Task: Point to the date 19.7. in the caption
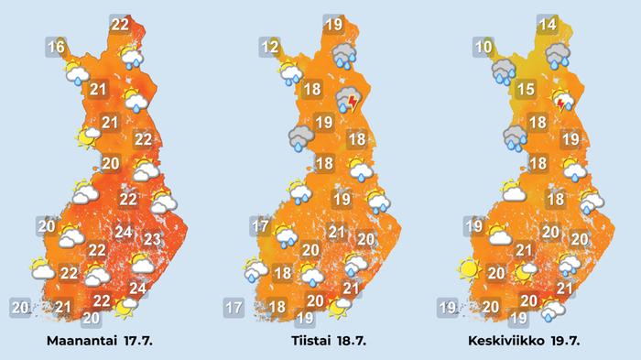pos(578,340)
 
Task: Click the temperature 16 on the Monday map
pos(57,46)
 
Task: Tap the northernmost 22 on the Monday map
pos(120,25)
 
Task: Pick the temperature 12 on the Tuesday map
pos(269,47)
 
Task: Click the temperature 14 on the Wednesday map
pos(549,25)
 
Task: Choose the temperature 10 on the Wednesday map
pos(483,47)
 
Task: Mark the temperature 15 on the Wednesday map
pos(525,89)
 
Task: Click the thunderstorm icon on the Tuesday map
pos(349,100)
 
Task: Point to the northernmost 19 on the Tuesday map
pos(333,25)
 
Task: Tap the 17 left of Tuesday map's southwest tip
pos(233,308)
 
